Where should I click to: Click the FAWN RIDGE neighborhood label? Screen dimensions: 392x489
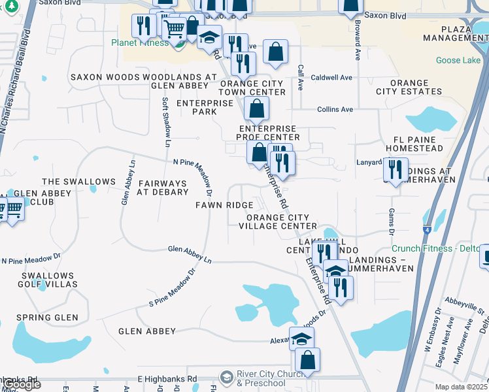click(x=224, y=205)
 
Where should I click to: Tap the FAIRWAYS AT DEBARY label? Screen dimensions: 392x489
click(x=161, y=189)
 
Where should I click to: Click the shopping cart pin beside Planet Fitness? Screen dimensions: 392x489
click(x=174, y=28)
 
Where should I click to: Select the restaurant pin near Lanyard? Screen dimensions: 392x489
click(x=396, y=170)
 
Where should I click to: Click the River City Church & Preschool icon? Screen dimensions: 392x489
click(x=226, y=377)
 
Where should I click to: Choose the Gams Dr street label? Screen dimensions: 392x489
click(x=392, y=221)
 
